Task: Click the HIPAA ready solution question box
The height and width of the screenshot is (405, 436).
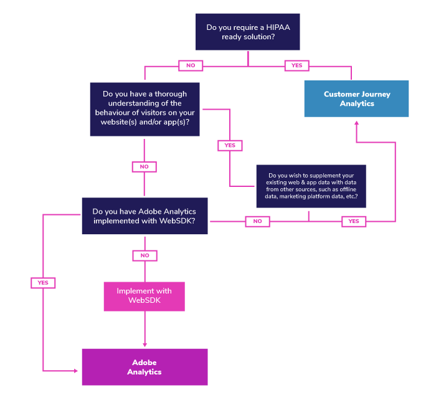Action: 248,32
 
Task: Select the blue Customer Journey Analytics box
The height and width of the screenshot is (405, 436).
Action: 356,98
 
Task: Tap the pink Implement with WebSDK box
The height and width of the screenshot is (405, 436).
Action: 145,296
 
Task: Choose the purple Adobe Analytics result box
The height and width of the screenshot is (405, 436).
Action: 145,367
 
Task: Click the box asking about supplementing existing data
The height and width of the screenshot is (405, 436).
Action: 311,186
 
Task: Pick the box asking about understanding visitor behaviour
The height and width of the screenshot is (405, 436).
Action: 145,108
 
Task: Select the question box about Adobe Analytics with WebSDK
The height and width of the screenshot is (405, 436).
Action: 145,216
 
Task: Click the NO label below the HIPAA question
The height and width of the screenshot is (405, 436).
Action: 191,65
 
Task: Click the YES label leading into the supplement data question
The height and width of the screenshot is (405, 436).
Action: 230,145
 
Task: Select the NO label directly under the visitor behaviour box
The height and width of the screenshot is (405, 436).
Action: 144,166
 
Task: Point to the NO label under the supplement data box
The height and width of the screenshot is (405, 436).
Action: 257,221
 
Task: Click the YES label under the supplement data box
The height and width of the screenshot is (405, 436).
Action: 354,221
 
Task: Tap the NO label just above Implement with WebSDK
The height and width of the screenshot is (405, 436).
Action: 145,255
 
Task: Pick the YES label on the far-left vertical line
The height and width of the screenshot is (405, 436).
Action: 42,283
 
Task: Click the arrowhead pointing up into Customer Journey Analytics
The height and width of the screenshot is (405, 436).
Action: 356,123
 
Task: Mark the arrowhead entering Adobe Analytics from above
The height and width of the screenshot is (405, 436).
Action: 145,344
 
